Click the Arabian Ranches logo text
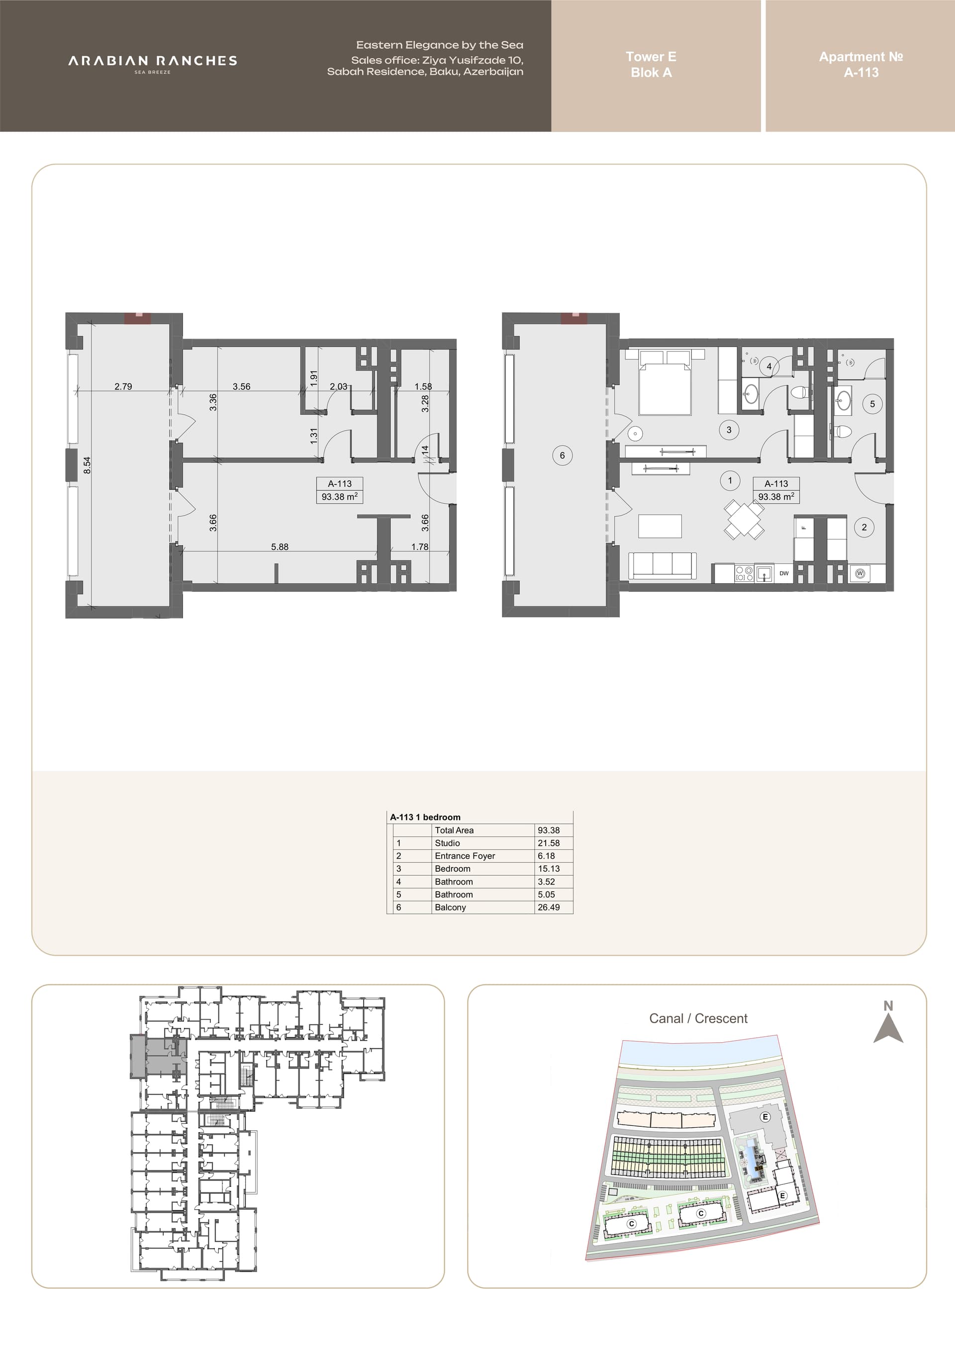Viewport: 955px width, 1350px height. pos(152,61)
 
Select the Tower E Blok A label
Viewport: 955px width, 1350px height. pos(651,65)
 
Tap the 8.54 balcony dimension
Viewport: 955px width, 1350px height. pos(87,466)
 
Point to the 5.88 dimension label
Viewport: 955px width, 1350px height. pos(280,547)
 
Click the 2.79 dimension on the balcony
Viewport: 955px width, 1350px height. pos(123,386)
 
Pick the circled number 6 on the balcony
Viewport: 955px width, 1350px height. pos(562,455)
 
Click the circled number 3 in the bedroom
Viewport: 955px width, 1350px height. pos(729,430)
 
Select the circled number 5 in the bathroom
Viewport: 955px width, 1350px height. pos(872,404)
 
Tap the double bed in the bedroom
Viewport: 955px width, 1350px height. pos(665,383)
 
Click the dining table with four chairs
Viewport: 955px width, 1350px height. pos(744,519)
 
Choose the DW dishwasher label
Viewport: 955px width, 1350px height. pos(784,573)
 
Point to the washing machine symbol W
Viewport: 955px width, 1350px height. pos(860,573)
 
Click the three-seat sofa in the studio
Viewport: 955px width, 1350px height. pos(663,566)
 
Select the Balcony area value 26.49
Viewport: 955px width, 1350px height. pos(549,907)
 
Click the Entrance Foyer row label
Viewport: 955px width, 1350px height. pos(465,856)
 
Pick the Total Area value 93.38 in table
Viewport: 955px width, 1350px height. pos(549,830)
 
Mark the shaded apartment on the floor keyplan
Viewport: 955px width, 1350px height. pos(158,1057)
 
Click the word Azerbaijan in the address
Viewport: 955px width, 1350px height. pos(493,72)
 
